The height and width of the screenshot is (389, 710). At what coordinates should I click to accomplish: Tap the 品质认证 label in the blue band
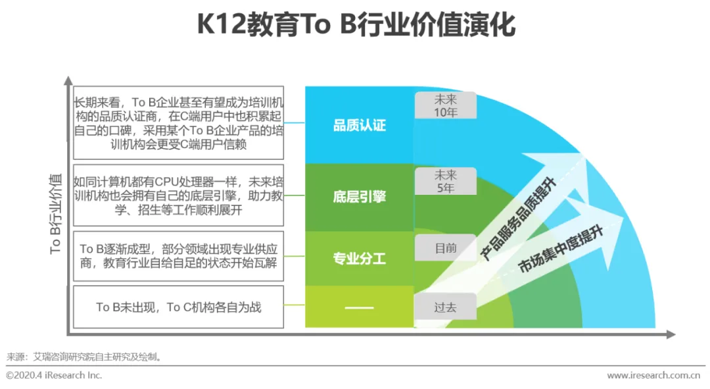click(x=359, y=125)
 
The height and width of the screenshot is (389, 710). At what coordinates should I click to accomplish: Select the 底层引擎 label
click(x=359, y=196)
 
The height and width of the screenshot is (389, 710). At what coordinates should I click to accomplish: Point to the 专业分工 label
click(x=359, y=259)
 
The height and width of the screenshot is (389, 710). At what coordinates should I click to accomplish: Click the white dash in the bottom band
click(x=359, y=307)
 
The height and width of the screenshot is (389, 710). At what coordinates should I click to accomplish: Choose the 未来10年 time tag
click(x=445, y=105)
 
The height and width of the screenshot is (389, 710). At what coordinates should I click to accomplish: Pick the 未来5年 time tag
click(x=445, y=181)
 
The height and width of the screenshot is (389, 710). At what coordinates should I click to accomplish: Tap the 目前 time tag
click(x=445, y=248)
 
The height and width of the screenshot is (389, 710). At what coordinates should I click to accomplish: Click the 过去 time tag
click(x=445, y=307)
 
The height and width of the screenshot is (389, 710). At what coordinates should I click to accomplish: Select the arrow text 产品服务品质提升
click(x=519, y=217)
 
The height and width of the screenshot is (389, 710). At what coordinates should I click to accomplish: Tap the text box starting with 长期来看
click(x=179, y=122)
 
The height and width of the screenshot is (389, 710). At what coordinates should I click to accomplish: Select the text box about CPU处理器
click(x=179, y=195)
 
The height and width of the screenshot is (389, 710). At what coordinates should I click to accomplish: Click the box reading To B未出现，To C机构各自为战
click(x=179, y=307)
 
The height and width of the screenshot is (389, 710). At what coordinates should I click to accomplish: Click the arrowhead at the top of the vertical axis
click(x=68, y=81)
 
